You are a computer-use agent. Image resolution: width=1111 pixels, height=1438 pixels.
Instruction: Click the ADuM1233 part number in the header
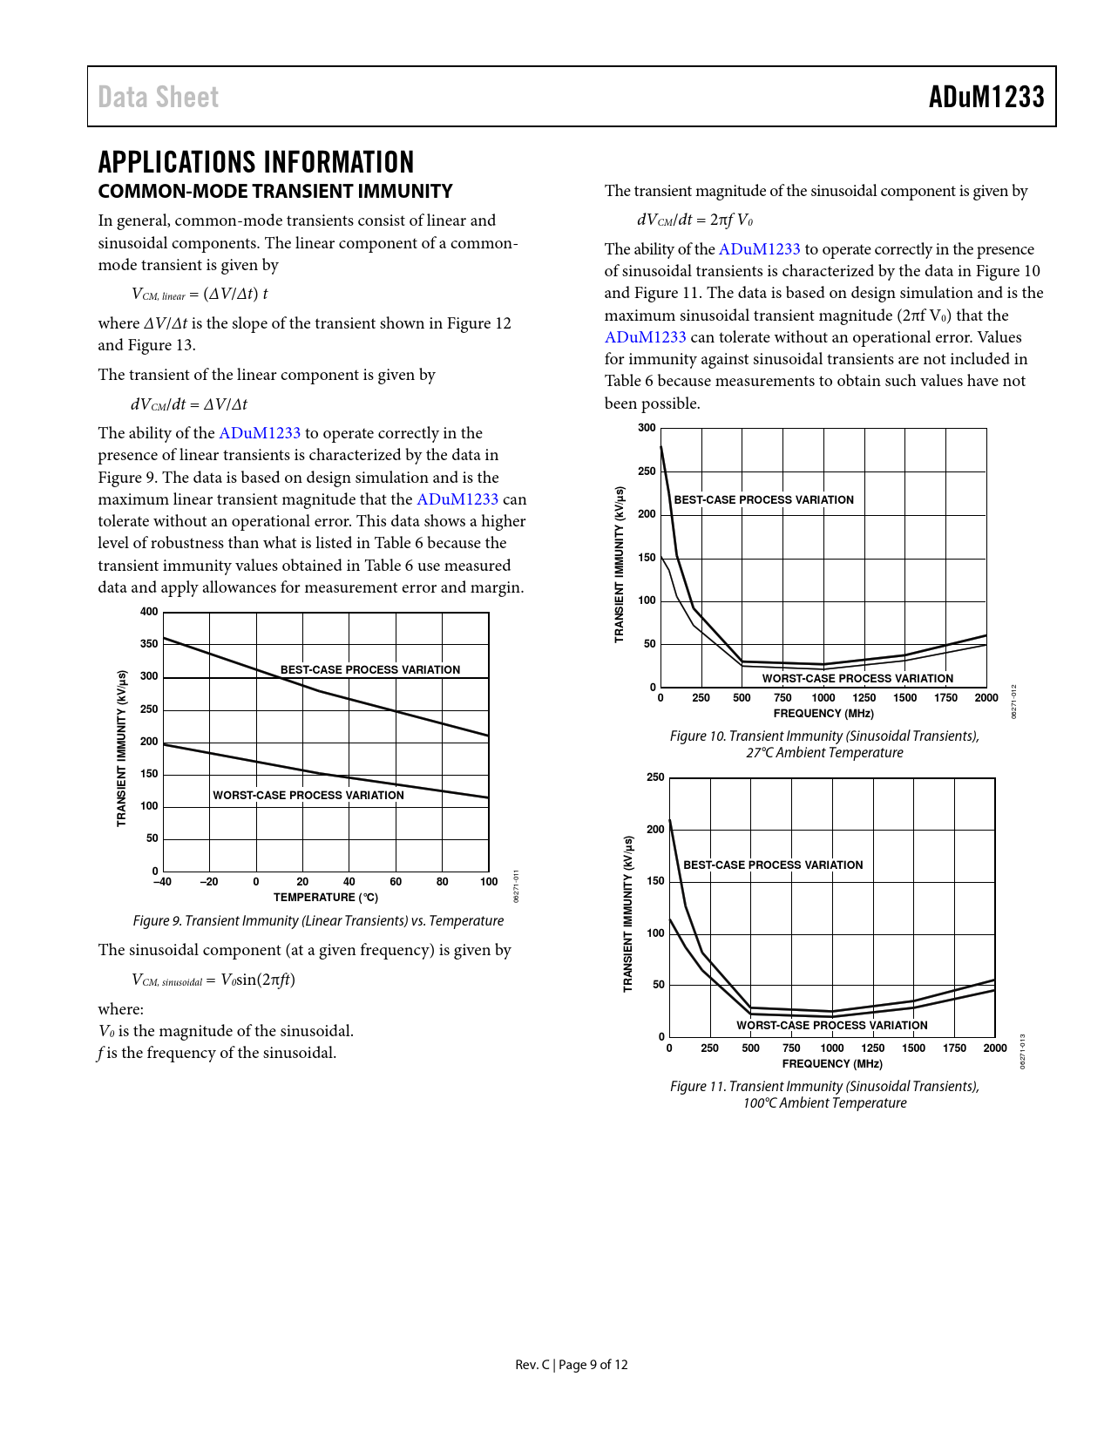[x=986, y=97]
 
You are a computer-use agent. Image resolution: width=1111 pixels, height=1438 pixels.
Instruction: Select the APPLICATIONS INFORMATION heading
[x=256, y=162]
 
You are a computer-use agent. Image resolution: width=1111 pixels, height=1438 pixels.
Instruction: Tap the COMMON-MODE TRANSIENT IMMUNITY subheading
[x=275, y=192]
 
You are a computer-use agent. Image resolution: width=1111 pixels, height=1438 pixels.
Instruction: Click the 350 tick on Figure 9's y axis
[x=150, y=644]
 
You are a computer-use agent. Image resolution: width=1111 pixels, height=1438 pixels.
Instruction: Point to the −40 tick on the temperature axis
[x=162, y=882]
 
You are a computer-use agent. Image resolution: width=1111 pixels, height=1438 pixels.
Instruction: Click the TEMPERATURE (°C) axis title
[x=326, y=898]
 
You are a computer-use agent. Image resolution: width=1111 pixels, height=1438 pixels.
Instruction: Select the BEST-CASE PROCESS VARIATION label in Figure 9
[x=370, y=670]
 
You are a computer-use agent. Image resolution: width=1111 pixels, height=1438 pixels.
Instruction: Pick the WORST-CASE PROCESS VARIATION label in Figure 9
[x=308, y=796]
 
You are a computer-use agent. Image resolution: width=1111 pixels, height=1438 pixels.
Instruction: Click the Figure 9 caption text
[x=318, y=921]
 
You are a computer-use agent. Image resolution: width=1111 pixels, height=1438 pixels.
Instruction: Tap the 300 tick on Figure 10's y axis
[x=647, y=428]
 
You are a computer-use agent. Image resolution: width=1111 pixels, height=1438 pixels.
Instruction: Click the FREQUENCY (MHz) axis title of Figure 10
[x=823, y=714]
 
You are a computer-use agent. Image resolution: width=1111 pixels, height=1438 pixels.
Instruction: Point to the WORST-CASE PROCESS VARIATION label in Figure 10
[x=857, y=679]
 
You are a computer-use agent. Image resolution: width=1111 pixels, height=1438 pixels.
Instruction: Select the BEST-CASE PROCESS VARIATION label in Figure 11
[x=773, y=865]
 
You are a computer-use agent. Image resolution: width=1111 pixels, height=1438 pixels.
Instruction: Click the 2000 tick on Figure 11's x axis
[x=995, y=1048]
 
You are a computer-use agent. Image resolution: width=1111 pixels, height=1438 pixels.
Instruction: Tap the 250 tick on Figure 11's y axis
[x=655, y=777]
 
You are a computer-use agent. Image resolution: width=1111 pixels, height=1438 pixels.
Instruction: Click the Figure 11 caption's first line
[x=824, y=1087]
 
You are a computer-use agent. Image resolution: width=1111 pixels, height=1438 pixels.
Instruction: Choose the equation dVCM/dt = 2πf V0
[x=694, y=220]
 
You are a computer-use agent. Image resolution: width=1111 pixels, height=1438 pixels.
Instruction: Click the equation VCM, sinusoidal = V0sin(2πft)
[x=213, y=980]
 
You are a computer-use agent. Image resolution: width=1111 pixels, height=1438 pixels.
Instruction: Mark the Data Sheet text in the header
[x=159, y=97]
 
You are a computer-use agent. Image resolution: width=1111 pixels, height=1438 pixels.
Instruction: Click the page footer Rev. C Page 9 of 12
[x=572, y=1365]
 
